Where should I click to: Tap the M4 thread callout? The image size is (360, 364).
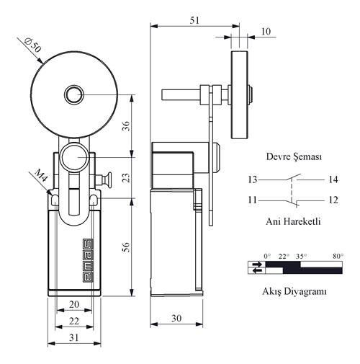click(x=41, y=175)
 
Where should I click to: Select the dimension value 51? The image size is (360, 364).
click(x=194, y=20)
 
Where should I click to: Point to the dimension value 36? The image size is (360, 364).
click(x=126, y=126)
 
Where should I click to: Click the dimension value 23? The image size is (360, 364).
click(x=126, y=177)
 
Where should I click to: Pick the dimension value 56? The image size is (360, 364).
click(x=126, y=247)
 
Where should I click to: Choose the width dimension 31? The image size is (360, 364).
click(x=74, y=337)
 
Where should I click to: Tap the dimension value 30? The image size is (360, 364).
click(x=176, y=319)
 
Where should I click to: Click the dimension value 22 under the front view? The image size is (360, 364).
click(x=74, y=321)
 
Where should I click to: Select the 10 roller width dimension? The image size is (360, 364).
click(x=266, y=32)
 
